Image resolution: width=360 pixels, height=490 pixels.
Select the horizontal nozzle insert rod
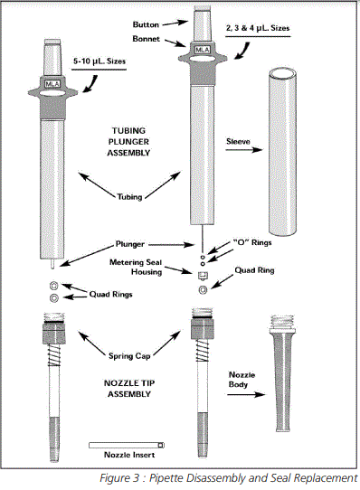(x=126, y=444)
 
